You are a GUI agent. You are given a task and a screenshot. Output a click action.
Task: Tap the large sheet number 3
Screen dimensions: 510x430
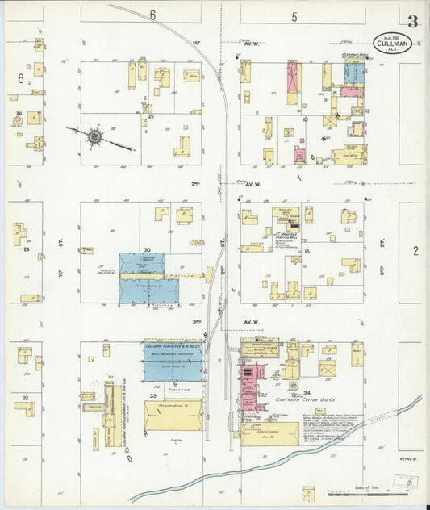coord(412,20)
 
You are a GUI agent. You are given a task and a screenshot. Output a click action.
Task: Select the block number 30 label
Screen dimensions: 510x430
coord(147,250)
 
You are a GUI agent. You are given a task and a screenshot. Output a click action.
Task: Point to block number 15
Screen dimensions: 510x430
coord(307,253)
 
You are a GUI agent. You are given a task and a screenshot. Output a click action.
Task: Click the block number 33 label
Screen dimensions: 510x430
coord(152,395)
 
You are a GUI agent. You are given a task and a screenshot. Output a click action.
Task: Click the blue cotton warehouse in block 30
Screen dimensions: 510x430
coord(142,278)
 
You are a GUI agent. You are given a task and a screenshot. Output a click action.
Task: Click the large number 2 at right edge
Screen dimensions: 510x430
coord(415,251)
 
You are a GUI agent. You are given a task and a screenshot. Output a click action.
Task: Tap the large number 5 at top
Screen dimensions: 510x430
coord(294,16)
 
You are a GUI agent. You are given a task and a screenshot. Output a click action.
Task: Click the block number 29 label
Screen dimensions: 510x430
coord(26,251)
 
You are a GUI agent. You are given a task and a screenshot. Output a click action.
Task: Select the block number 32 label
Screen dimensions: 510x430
coord(26,398)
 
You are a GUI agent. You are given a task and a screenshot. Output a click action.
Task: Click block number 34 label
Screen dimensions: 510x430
coord(307,393)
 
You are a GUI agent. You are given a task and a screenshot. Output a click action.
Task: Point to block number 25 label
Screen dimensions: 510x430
coord(150,117)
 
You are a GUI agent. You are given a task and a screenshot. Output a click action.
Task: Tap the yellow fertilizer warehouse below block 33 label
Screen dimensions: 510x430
coord(173,416)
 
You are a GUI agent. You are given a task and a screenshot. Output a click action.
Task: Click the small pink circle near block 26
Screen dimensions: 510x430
coord(17,120)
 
